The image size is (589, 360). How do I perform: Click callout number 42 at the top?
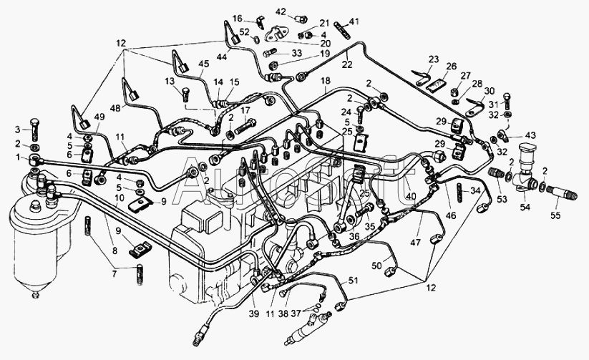[281, 11]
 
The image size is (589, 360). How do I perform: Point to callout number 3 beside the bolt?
[18, 129]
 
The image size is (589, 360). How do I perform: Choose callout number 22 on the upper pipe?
[346, 64]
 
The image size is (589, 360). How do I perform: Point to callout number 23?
[433, 59]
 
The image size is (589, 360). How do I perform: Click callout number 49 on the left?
[98, 117]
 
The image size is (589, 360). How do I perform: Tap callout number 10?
[118, 197]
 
